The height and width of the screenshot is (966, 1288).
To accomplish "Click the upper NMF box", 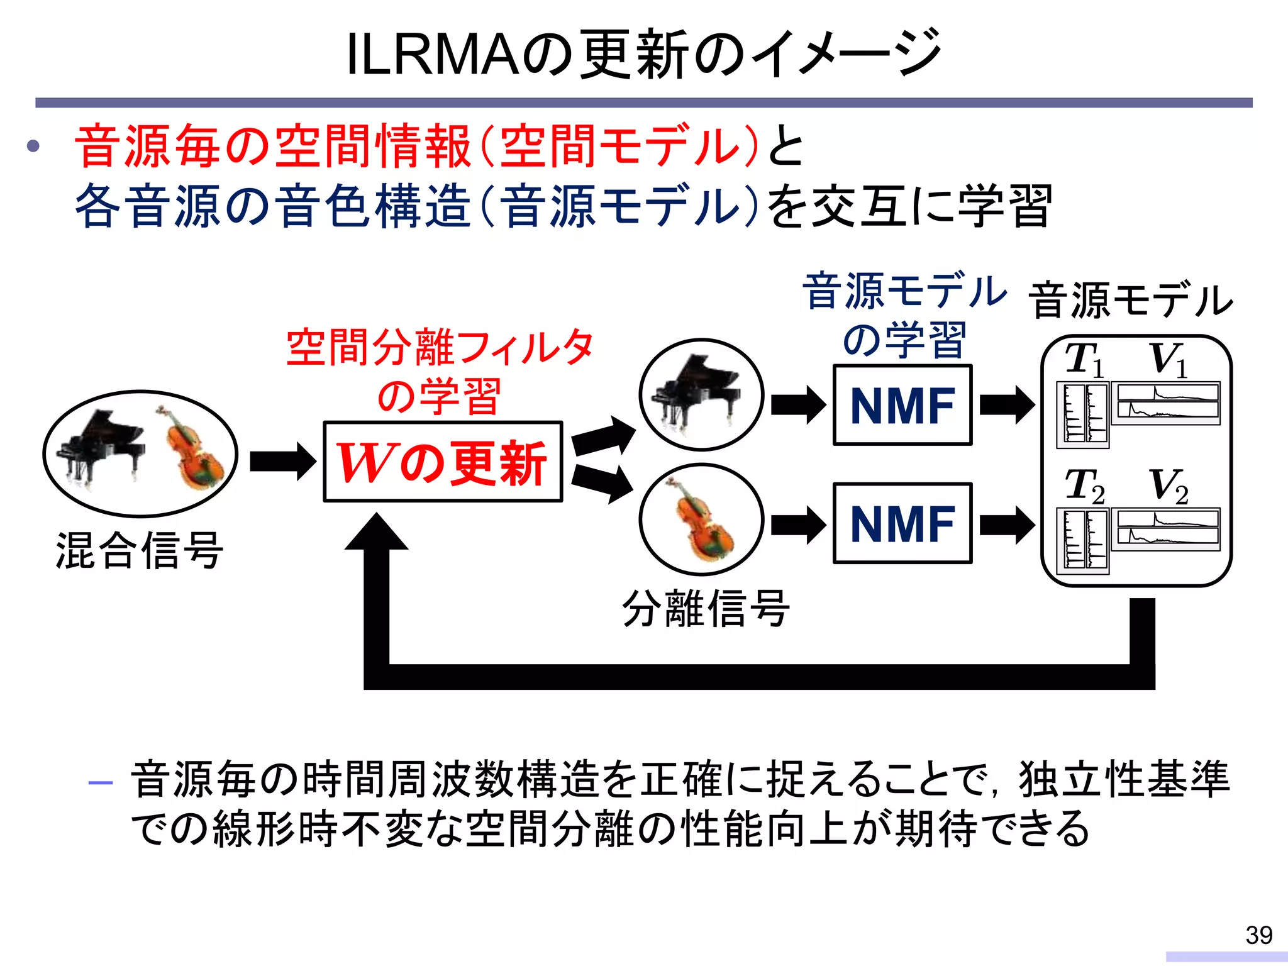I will tap(902, 405).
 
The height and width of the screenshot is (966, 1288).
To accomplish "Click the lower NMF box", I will tap(902, 523).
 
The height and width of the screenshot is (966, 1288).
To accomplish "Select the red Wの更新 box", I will tap(442, 462).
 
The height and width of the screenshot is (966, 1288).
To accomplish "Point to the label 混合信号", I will tap(140, 550).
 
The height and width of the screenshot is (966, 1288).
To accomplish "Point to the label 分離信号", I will tap(706, 608).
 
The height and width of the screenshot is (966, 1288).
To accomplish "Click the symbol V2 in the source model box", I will tap(1169, 486).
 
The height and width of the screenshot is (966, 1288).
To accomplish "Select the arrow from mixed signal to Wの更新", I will tap(282, 462).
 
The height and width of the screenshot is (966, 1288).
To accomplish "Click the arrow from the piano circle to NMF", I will tap(798, 405).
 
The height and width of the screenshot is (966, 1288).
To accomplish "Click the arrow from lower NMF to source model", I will tap(1007, 524).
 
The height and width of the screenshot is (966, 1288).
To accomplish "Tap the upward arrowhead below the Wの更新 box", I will tap(377, 532).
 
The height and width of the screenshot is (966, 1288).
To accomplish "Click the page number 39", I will tap(1258, 935).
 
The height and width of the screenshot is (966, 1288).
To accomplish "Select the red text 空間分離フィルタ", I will tap(440, 348).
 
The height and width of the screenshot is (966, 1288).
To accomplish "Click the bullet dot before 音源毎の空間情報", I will tap(33, 147).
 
